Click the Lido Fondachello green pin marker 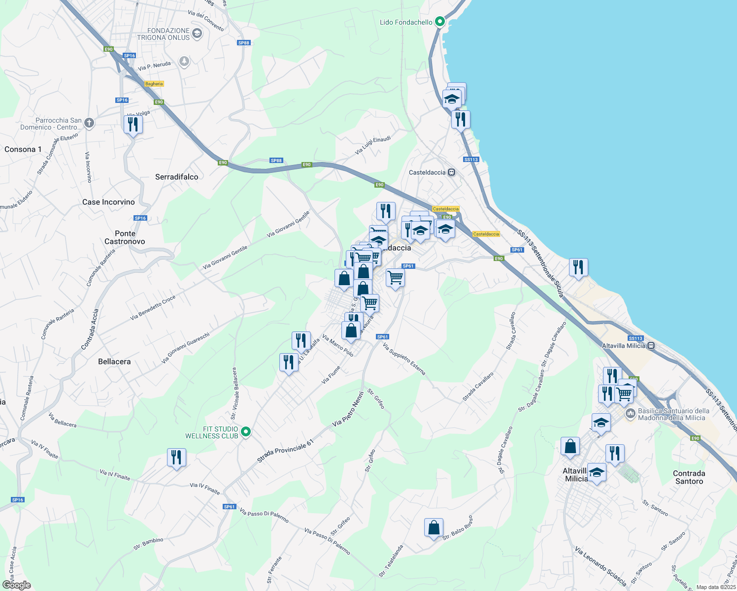point(440,22)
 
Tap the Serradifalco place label point(176,177)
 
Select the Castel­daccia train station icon point(451,172)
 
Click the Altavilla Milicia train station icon point(651,346)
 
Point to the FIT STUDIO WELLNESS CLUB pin point(246,432)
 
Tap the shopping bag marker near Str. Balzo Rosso point(434,527)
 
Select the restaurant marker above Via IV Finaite point(176,457)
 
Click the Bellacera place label point(114,361)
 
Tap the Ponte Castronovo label point(125,237)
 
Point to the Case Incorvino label point(108,202)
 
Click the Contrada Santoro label point(689,477)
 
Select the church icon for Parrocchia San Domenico point(89,123)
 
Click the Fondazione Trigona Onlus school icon point(197,33)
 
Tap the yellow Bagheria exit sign point(154,84)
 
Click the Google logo point(16,585)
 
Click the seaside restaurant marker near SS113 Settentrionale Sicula point(578,267)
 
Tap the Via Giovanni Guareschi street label point(186,348)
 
